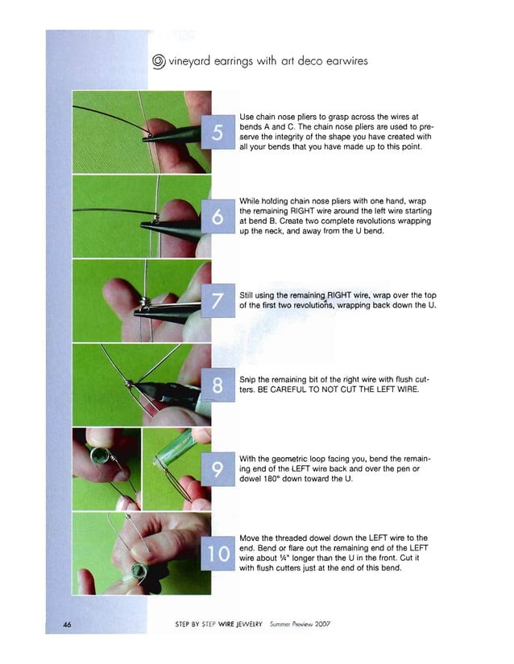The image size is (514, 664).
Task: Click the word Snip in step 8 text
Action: tap(249, 381)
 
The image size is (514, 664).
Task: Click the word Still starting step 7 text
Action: tap(249, 295)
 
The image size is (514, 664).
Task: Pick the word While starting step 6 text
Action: tap(252, 200)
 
